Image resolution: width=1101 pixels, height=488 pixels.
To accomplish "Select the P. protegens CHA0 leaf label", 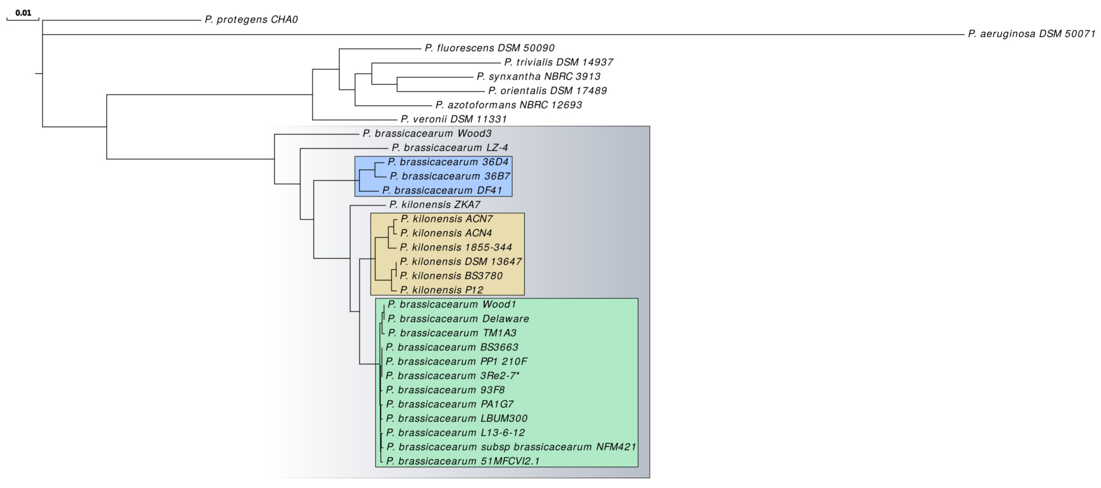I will (x=251, y=20).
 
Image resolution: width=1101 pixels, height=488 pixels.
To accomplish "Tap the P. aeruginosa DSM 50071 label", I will (x=1031, y=34).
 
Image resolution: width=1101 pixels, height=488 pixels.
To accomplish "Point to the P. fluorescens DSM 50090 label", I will (x=489, y=48).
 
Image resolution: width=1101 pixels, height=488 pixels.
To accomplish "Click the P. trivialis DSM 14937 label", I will (x=559, y=62).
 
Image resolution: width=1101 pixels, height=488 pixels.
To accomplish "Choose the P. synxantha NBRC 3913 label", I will (x=539, y=77).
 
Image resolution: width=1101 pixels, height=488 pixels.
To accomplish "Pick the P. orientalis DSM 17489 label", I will (x=547, y=91).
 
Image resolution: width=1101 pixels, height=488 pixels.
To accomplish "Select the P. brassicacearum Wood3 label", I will (x=427, y=133).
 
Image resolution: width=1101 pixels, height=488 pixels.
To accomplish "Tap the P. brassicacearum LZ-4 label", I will (x=450, y=148).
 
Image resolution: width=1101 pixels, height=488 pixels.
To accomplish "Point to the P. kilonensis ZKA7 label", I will (x=435, y=205).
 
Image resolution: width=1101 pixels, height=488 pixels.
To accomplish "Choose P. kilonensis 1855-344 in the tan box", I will (x=456, y=247).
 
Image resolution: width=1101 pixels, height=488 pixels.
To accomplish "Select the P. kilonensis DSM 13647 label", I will (x=461, y=262).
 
